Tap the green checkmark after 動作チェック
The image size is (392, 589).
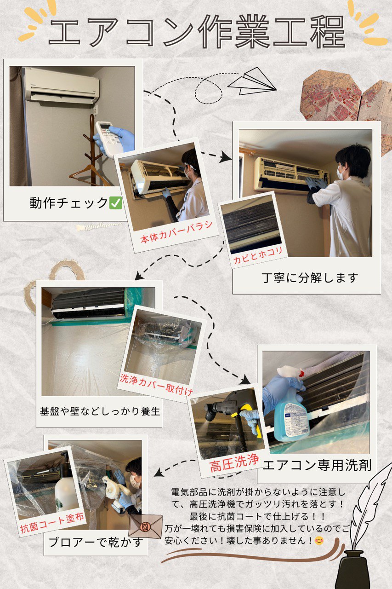(115, 203)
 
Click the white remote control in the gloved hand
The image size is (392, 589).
(109, 138)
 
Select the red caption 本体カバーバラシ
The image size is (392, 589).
(176, 232)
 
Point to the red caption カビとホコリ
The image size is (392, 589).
(258, 255)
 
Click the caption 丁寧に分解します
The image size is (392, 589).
(310, 277)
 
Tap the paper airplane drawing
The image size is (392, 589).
(251, 81)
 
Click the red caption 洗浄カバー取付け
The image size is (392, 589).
(156, 385)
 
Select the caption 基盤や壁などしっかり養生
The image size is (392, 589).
(100, 411)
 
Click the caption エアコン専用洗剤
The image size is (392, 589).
(317, 465)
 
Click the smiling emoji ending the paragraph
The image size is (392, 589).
(319, 541)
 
